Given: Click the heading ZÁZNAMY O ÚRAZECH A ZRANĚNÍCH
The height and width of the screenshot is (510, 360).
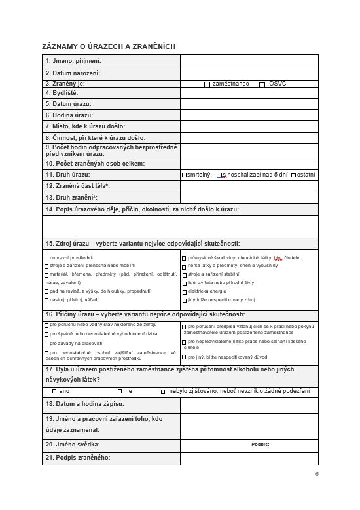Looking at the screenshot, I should (x=109, y=46).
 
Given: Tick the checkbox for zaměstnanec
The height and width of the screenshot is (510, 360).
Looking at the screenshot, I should (x=207, y=84).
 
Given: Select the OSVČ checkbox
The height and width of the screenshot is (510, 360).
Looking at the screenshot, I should (x=262, y=84).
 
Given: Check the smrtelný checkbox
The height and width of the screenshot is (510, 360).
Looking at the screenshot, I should (x=184, y=175).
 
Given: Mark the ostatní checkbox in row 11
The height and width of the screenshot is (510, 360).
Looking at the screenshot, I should (x=293, y=175).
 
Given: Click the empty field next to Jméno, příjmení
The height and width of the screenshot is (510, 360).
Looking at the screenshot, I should (x=249, y=61).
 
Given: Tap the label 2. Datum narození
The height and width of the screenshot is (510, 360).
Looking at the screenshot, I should (x=73, y=73).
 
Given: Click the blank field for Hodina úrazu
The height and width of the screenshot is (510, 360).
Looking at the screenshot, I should (x=249, y=115).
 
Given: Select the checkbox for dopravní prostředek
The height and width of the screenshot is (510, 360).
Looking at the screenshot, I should (x=46, y=259).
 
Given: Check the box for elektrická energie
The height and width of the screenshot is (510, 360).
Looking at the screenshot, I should (x=184, y=291).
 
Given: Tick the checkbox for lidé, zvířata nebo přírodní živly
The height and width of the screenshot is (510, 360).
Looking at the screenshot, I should (x=184, y=283).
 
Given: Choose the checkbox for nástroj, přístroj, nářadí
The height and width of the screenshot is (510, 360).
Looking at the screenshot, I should (x=46, y=299).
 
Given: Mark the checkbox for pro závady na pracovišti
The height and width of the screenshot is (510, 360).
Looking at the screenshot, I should (x=46, y=343).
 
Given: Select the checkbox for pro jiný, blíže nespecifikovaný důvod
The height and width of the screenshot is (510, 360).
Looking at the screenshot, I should (x=184, y=357).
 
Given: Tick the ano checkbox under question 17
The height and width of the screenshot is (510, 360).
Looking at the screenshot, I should (x=54, y=391).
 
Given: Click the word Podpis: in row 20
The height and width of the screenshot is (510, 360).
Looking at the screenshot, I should (x=260, y=444).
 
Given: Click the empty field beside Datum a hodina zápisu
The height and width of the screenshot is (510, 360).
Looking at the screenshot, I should (x=249, y=405).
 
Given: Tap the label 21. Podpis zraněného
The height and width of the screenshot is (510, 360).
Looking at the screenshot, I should (x=78, y=458).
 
